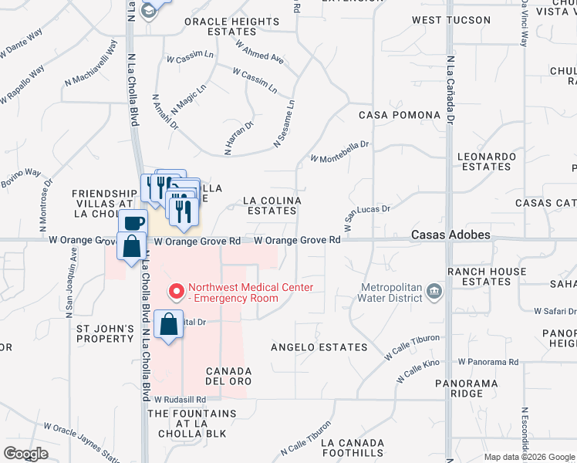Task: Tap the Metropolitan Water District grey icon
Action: click(434, 292)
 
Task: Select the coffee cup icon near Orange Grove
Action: click(134, 222)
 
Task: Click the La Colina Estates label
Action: click(272, 205)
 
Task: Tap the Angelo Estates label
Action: click(319, 347)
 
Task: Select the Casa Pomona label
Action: click(400, 115)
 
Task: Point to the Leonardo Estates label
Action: click(486, 161)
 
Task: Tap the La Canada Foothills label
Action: click(353, 448)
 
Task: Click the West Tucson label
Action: click(450, 20)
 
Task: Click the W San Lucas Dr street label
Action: click(368, 218)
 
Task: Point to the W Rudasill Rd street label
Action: click(181, 400)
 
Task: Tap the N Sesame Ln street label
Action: click(284, 123)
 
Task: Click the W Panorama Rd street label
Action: click(488, 361)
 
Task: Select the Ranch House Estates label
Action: click(485, 276)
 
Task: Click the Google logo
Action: click(25, 454)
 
